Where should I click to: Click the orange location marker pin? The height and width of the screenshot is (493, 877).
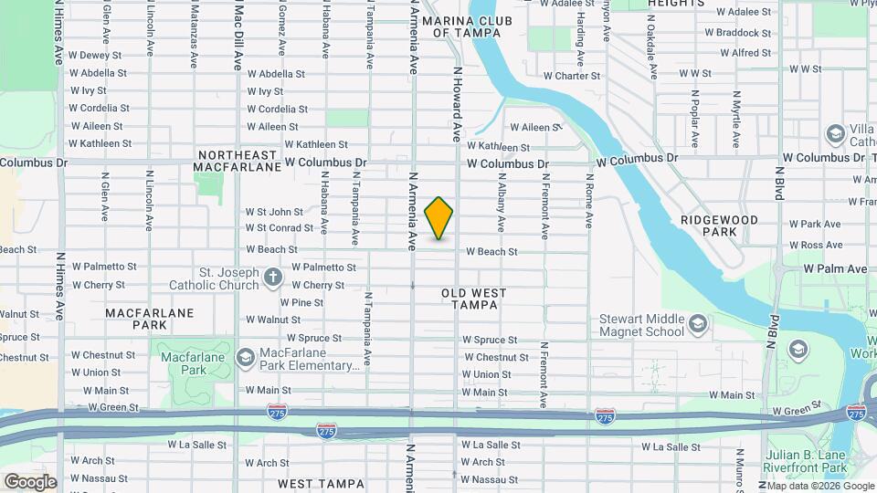[x=439, y=218]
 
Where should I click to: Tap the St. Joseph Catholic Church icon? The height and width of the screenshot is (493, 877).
[x=272, y=277]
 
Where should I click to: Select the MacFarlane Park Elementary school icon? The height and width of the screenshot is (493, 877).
[x=245, y=357]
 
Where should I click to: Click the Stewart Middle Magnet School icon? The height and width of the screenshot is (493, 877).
[x=698, y=324]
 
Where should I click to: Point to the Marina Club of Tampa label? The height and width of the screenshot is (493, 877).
[x=467, y=26]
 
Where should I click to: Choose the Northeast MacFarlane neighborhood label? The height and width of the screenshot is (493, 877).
[x=238, y=162]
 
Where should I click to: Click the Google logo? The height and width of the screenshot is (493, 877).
[x=30, y=481]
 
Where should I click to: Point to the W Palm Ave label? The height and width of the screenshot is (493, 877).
[x=835, y=269]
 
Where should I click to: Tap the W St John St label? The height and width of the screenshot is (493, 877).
[x=274, y=212]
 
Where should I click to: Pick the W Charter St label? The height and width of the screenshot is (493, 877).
[x=571, y=76]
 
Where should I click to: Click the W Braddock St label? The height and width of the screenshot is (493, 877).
[x=744, y=33]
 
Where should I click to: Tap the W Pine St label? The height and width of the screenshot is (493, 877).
[x=301, y=302]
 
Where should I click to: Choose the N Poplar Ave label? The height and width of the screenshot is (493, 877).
[x=695, y=120]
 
